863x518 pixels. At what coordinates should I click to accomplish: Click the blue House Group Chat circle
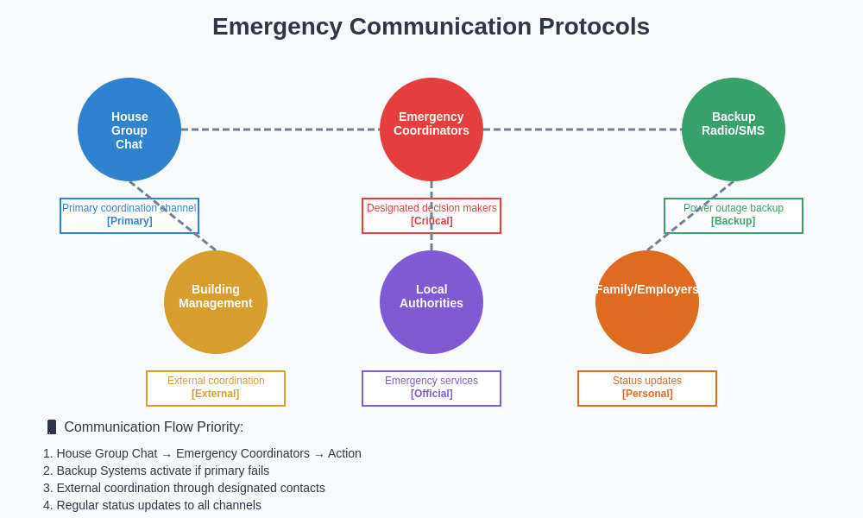point(129,129)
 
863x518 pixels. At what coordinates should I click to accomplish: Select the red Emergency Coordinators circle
point(431,129)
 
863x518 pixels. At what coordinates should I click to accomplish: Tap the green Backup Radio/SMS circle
point(734,129)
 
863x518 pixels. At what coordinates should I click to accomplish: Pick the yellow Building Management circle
point(216,302)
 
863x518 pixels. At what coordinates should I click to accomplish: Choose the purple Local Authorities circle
point(431,302)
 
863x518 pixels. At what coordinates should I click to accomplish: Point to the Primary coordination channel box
point(129,216)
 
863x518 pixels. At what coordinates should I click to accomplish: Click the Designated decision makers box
point(431,216)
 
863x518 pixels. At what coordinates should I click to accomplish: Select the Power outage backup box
point(734,216)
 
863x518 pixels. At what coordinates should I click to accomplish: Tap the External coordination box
point(216,388)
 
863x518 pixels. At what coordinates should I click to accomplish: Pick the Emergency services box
point(431,388)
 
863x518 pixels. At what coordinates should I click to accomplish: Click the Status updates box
point(647,388)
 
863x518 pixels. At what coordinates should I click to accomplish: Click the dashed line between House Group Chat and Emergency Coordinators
point(280,129)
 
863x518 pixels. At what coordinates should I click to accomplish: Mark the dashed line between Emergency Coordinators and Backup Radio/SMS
point(583,129)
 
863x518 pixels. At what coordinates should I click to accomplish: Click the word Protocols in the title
point(594,27)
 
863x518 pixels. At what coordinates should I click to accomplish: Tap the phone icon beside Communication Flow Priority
point(52,427)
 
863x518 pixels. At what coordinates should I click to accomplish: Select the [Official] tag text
point(431,394)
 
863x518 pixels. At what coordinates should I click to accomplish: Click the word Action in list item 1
point(344,453)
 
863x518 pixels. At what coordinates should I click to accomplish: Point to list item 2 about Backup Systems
point(156,471)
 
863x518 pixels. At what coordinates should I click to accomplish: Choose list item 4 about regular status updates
point(152,505)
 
